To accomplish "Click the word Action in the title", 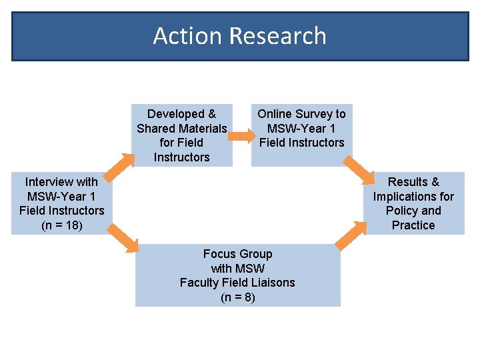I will coord(179,36).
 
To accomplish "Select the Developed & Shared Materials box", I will coord(182,135).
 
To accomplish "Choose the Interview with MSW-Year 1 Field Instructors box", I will coord(62,203).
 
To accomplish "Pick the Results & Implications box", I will coord(413,203).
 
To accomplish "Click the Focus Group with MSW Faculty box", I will coord(237,275).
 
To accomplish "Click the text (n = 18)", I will coord(62,225).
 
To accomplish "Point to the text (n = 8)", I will coord(237,297).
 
